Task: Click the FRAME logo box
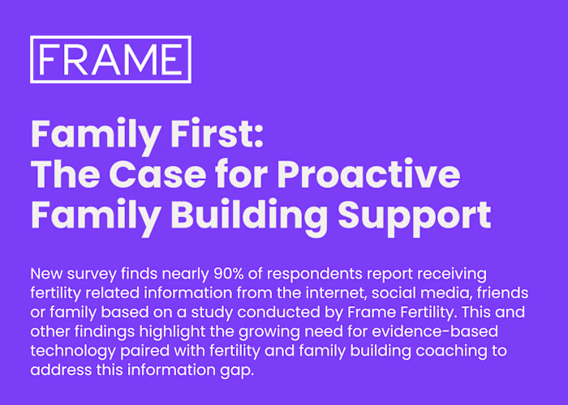110,59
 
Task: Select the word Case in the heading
148,174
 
